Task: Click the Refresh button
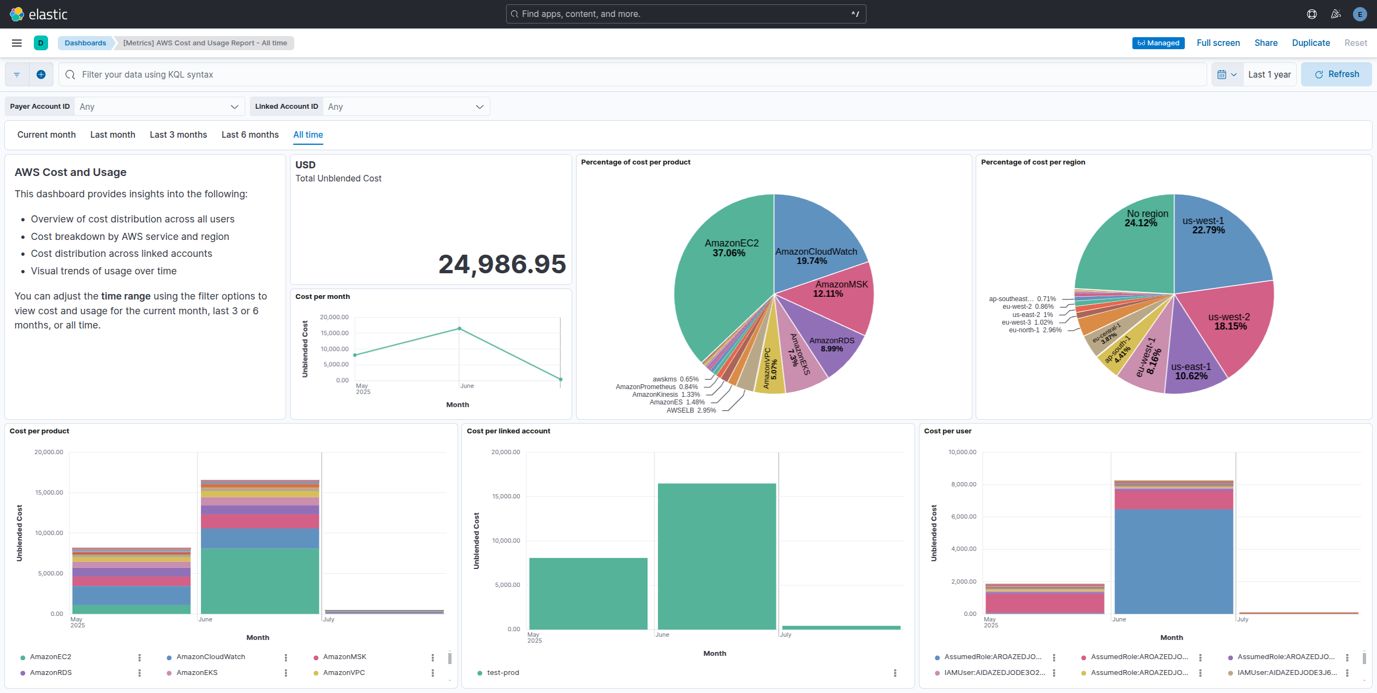pyautogui.click(x=1336, y=74)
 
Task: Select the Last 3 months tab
pyautogui.click(x=178, y=134)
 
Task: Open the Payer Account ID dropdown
pyautogui.click(x=158, y=107)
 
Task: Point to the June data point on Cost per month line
pyautogui.click(x=460, y=328)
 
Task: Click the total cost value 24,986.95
pyautogui.click(x=502, y=265)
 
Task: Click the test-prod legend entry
pyautogui.click(x=503, y=673)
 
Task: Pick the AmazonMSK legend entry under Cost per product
pyautogui.click(x=344, y=657)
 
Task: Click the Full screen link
pyautogui.click(x=1218, y=43)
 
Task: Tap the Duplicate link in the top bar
pyautogui.click(x=1310, y=43)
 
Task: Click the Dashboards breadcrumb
pyautogui.click(x=85, y=43)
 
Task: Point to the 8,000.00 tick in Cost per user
pyautogui.click(x=963, y=484)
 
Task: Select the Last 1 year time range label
pyautogui.click(x=1269, y=74)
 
